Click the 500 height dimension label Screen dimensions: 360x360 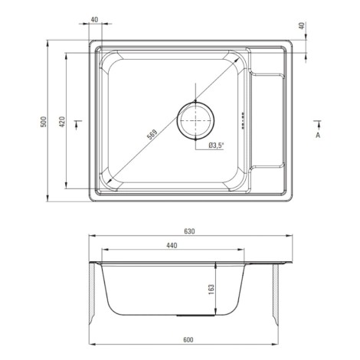pyautogui.click(x=44, y=122)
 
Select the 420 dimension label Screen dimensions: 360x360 pyautogui.click(x=62, y=122)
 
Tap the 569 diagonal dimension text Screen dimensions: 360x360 pyautogui.click(x=152, y=135)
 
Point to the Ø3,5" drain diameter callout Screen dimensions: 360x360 pyautogui.click(x=216, y=146)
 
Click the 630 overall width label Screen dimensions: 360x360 pyautogui.click(x=189, y=231)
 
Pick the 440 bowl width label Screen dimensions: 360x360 pyautogui.click(x=172, y=246)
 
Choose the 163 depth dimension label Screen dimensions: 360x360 pyautogui.click(x=211, y=290)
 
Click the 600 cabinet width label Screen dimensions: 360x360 pyautogui.click(x=188, y=340)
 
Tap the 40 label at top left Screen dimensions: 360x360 pyautogui.click(x=94, y=20)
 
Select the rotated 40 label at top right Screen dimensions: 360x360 pyautogui.click(x=302, y=26)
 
